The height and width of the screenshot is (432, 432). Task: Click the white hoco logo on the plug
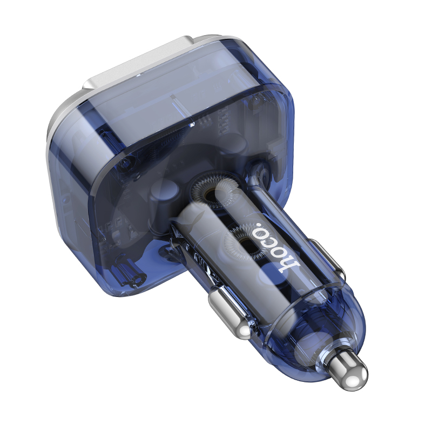[276, 247]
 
